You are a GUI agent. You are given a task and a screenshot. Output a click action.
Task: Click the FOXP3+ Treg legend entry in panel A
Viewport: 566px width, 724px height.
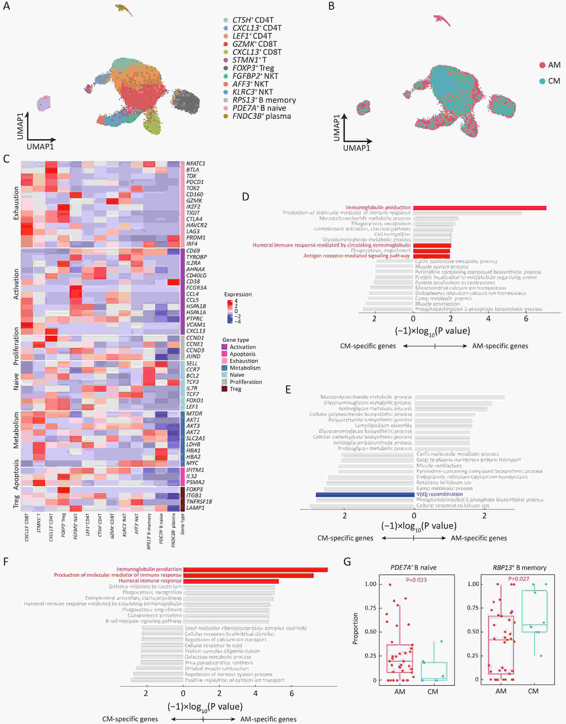(253, 68)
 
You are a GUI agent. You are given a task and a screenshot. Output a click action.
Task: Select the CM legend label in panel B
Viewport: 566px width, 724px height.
(554, 81)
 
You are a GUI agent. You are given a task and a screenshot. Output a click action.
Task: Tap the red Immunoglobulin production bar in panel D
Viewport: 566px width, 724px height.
(479, 208)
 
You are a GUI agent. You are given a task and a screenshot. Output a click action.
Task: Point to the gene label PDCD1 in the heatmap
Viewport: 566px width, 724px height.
(195, 182)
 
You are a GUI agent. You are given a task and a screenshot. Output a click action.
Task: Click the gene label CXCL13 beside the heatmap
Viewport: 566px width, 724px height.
(195, 331)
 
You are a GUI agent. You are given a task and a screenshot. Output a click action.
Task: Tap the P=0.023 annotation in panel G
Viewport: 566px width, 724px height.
(416, 580)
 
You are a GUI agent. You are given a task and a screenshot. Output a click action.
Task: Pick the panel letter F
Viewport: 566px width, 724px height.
(6, 562)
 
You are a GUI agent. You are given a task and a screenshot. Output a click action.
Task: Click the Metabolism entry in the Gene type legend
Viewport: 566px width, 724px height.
(245, 368)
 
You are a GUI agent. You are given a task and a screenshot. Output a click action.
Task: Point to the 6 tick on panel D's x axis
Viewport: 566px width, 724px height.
(526, 319)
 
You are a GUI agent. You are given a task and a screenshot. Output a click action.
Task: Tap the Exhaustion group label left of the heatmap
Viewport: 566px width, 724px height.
(16, 203)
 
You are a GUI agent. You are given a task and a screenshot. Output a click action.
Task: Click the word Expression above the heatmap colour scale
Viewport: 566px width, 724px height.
(238, 294)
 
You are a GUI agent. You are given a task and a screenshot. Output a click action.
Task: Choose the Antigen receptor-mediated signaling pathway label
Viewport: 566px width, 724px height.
(356, 256)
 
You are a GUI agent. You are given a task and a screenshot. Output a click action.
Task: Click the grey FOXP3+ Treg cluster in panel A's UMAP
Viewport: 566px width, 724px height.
(186, 100)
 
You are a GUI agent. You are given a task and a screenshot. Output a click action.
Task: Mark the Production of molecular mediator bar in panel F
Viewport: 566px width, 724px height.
(248, 575)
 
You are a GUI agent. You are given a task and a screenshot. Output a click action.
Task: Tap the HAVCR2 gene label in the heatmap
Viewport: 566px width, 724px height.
(197, 225)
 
